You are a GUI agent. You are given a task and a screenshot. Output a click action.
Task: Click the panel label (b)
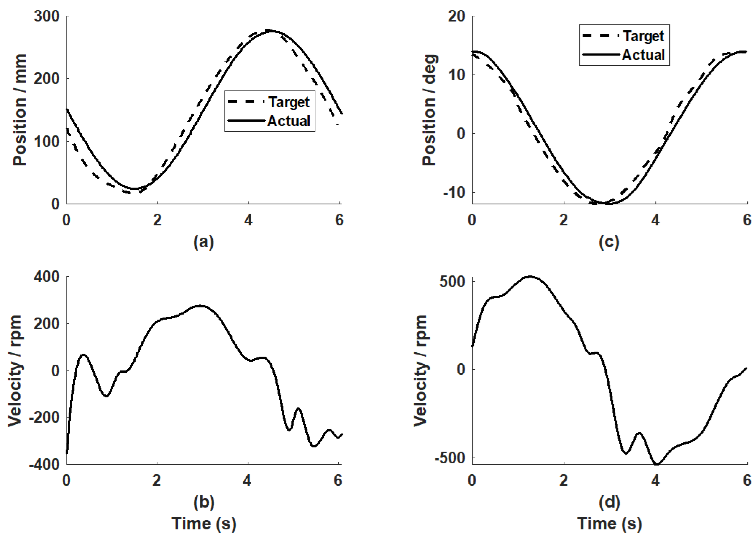(204, 502)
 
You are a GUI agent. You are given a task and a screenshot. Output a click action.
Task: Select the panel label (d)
(609, 502)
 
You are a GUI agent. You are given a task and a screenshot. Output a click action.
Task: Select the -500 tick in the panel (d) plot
(449, 458)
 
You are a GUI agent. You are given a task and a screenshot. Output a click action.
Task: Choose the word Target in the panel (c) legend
(644, 36)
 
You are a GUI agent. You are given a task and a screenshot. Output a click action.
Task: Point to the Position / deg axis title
(429, 110)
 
